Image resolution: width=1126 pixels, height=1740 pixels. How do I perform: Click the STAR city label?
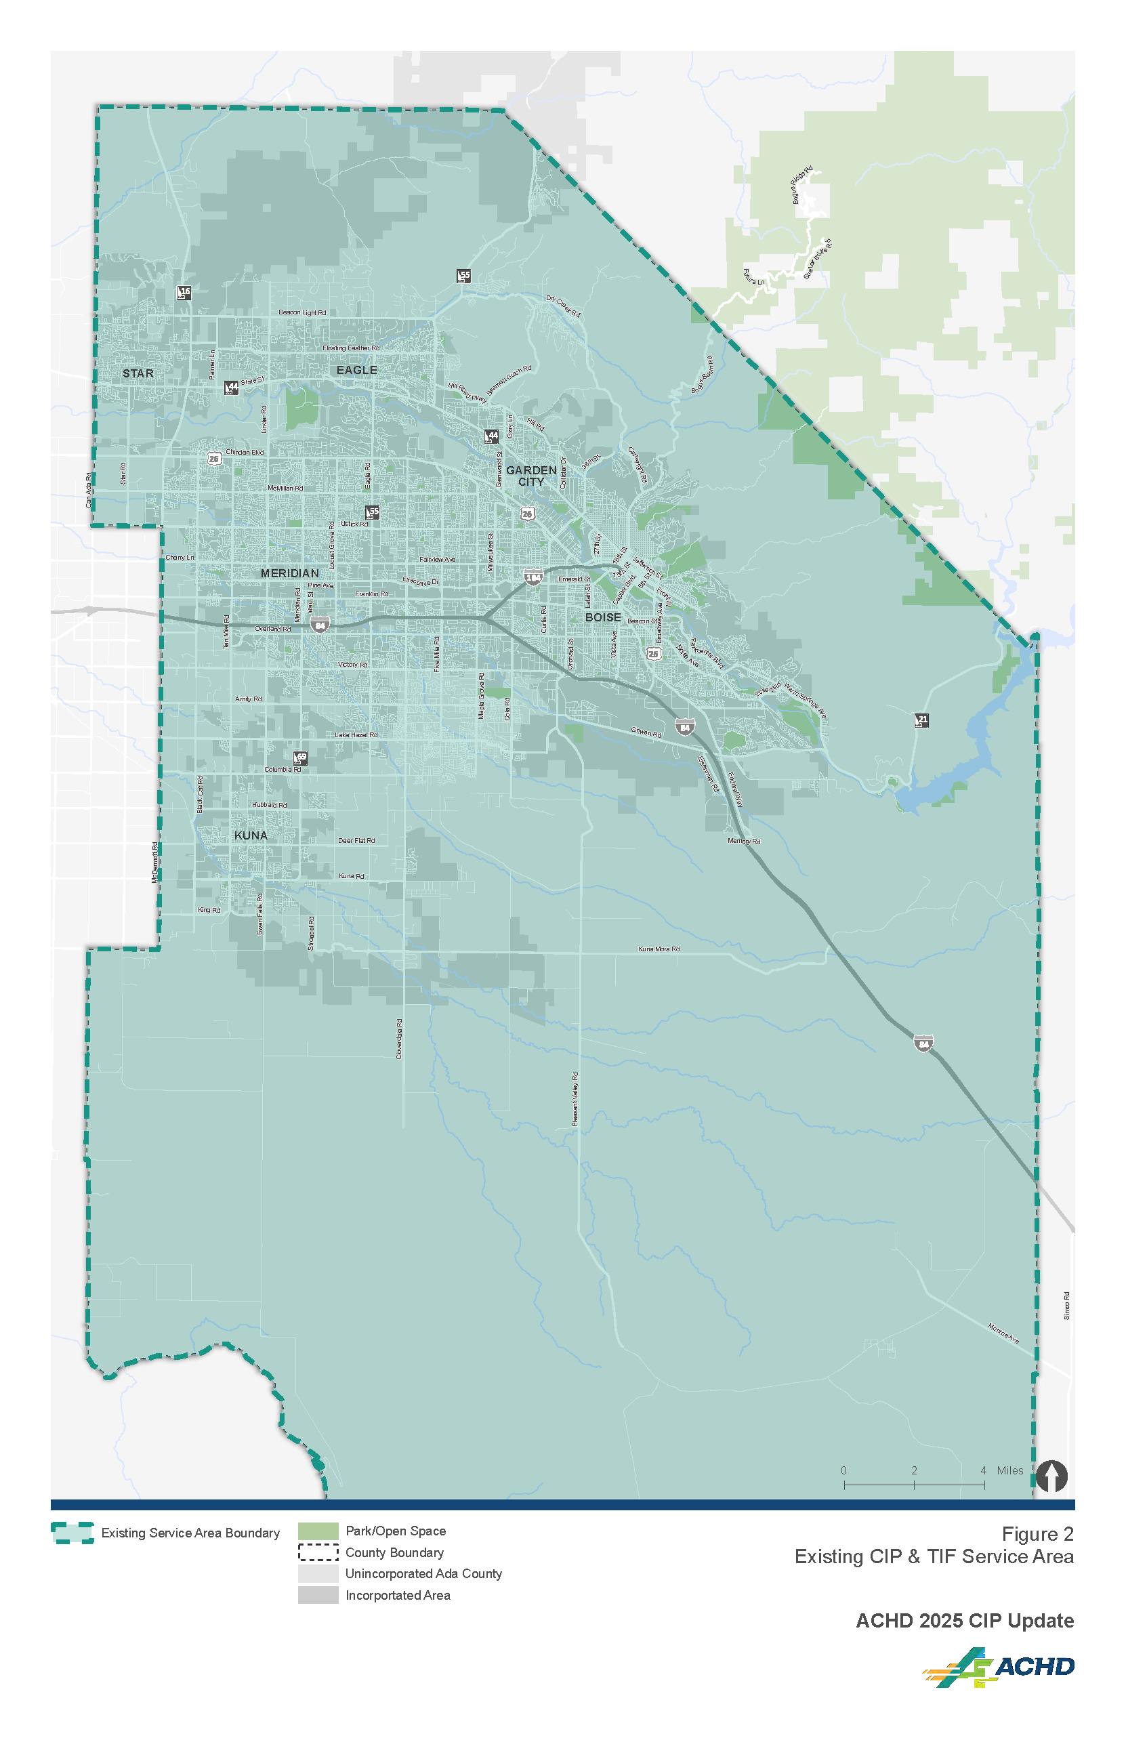pyautogui.click(x=138, y=373)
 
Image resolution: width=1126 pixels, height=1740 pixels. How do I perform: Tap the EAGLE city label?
pyautogui.click(x=357, y=370)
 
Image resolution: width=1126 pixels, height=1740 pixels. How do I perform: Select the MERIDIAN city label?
pyautogui.click(x=289, y=574)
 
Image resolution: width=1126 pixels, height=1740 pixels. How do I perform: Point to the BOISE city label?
pyautogui.click(x=603, y=618)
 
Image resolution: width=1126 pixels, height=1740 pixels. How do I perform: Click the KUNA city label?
pyautogui.click(x=251, y=835)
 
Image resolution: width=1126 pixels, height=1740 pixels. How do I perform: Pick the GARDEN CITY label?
pyautogui.click(x=532, y=476)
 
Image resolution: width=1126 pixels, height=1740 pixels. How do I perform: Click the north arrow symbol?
pyautogui.click(x=1051, y=1476)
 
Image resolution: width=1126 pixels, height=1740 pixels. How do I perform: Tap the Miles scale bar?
pyautogui.click(x=914, y=1484)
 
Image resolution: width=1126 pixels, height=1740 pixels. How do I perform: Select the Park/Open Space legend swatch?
pyautogui.click(x=318, y=1531)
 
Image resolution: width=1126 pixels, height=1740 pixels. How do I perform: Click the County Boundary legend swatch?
pyautogui.click(x=318, y=1552)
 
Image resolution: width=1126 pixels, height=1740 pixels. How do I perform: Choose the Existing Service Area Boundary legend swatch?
pyautogui.click(x=72, y=1533)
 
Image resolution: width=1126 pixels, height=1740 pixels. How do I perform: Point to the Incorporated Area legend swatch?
pyautogui.click(x=318, y=1594)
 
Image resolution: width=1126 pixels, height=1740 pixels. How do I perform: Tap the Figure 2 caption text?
pyautogui.click(x=1037, y=1533)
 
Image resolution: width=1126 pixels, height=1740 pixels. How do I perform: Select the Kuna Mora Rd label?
pyautogui.click(x=659, y=949)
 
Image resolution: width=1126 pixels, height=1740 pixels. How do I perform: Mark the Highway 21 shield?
pyautogui.click(x=922, y=721)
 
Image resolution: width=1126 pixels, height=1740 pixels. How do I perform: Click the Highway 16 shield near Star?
pyautogui.click(x=184, y=293)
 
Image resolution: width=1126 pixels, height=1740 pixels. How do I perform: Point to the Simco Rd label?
pyautogui.click(x=1067, y=1305)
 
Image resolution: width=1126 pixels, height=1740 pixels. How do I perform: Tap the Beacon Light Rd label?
pyautogui.click(x=302, y=313)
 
